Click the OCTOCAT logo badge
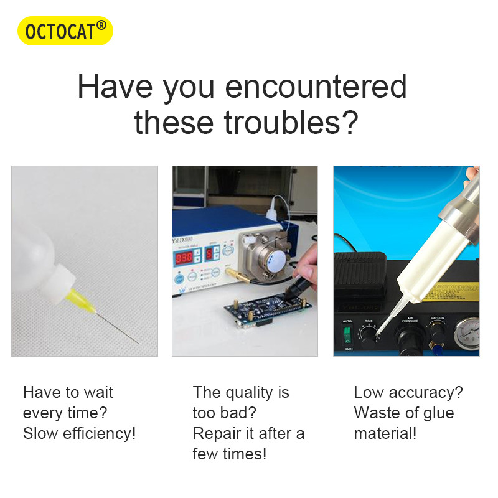[65, 31]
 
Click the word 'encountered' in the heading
[316, 87]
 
